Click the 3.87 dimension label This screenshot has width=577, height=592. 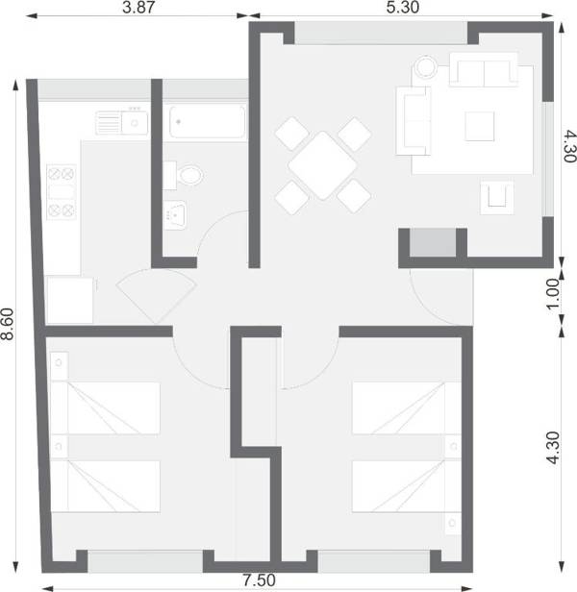tap(140, 8)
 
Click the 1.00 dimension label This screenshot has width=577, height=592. tap(553, 292)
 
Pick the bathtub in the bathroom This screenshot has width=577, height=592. tap(207, 122)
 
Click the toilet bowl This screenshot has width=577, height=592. tap(188, 176)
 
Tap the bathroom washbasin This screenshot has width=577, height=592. tap(176, 213)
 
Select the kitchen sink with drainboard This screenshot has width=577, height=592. tap(121, 122)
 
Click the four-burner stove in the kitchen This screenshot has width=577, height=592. tap(62, 191)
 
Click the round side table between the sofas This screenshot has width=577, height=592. tap(426, 69)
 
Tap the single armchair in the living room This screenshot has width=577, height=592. tap(497, 197)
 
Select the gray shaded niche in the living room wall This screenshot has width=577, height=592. tap(432, 243)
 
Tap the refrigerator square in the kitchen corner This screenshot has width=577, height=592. tap(69, 300)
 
